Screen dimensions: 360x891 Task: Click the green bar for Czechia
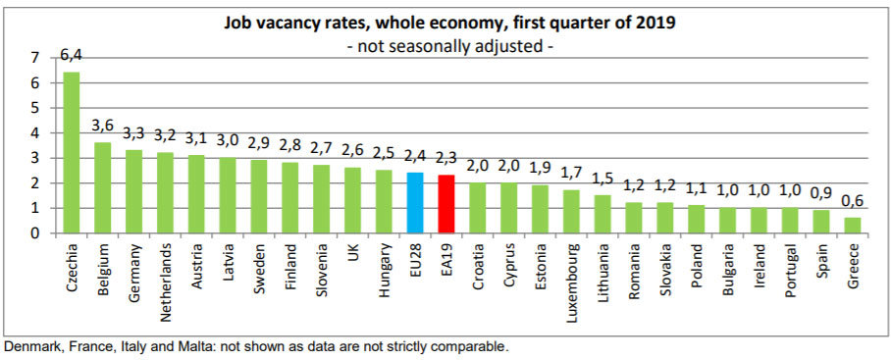pyautogui.click(x=71, y=153)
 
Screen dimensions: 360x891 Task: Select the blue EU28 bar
pyautogui.click(x=415, y=203)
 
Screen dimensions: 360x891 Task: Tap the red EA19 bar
pyautogui.click(x=446, y=204)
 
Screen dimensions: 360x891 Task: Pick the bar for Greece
pyautogui.click(x=853, y=226)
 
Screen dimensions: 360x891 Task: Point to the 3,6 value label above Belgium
pyautogui.click(x=103, y=127)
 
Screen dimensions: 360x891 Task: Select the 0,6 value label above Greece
pyautogui.click(x=854, y=202)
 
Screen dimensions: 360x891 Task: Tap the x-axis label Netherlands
pyautogui.click(x=165, y=284)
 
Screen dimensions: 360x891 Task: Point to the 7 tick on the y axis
pyautogui.click(x=35, y=58)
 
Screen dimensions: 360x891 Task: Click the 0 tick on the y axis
pyautogui.click(x=35, y=233)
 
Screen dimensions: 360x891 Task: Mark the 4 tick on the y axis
pyautogui.click(x=35, y=133)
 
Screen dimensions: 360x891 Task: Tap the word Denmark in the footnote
pyautogui.click(x=31, y=346)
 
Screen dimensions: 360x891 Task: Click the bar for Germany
pyautogui.click(x=133, y=191)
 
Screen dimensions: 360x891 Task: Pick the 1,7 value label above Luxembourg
pyautogui.click(x=571, y=174)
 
